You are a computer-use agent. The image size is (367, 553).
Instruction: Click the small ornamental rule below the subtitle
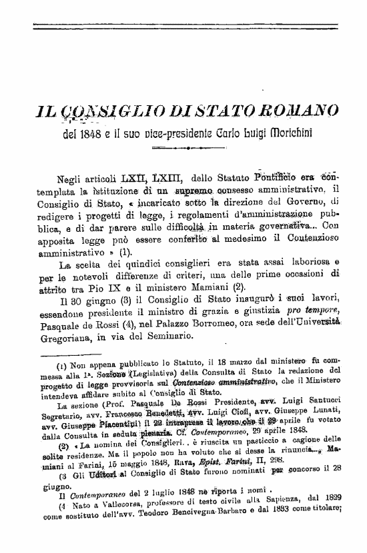(x=183, y=150)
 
